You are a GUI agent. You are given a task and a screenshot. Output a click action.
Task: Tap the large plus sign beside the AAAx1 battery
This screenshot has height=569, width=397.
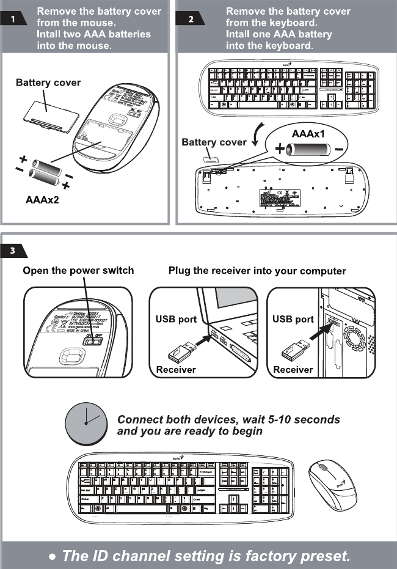(280, 149)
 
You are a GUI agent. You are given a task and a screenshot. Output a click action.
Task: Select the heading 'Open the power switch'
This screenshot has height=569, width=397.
(78, 270)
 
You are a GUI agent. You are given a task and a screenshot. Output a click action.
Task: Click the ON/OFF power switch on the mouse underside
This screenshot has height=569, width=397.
(93, 342)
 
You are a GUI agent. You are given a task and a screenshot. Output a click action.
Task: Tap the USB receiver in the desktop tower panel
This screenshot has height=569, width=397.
(297, 353)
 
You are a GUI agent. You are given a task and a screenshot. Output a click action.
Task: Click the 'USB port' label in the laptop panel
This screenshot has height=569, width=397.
(176, 319)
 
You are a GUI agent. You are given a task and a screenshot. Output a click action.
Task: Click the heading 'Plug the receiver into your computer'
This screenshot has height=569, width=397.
(257, 271)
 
